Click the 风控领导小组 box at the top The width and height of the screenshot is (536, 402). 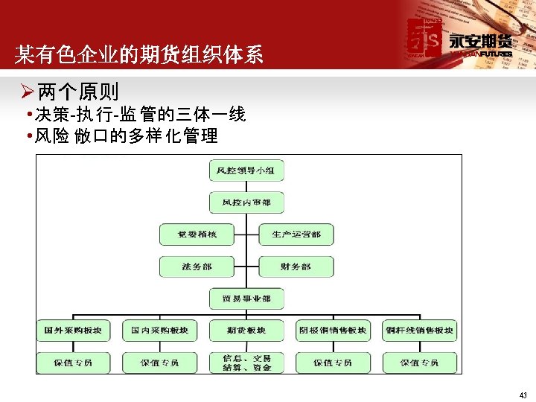point(246,170)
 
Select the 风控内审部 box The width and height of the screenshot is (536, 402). point(246,202)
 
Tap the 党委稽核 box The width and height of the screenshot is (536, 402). point(197,234)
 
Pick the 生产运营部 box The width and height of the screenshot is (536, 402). point(296,234)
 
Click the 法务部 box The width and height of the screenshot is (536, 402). point(197,267)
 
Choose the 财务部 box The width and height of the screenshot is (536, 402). point(296,267)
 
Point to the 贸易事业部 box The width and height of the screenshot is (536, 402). point(246,299)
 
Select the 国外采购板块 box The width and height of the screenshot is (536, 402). point(73,331)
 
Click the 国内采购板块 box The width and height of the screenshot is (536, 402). point(159,331)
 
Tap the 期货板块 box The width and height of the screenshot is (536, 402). point(246,331)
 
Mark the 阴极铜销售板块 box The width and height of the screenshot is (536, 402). point(333,331)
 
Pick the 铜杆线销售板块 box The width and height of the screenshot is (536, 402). point(419,331)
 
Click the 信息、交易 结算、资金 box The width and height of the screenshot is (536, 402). point(246,363)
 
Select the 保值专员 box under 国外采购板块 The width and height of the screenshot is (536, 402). point(73,363)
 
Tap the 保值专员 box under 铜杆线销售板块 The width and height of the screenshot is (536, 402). point(419,363)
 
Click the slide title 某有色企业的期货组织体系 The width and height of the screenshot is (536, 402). point(139,55)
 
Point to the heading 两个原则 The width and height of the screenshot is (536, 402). point(77,92)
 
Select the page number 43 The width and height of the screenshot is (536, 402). point(523,395)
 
